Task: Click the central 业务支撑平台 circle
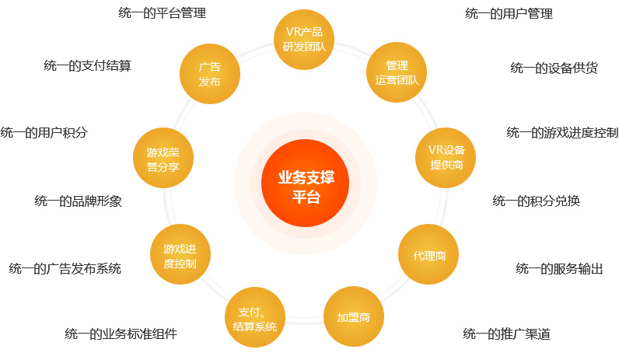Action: (305, 183)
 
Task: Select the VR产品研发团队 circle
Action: (304, 40)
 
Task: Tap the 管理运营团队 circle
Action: (397, 72)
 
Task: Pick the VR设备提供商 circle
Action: (446, 158)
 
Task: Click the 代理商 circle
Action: (428, 254)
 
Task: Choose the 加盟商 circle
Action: (354, 316)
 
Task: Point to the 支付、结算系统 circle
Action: (255, 317)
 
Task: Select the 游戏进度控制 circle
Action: (180, 254)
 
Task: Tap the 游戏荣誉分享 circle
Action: (163, 158)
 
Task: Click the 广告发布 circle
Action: (210, 74)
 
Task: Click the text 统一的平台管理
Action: (163, 13)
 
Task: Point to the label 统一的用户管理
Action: (509, 14)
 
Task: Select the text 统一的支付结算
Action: (87, 65)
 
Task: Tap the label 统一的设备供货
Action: (554, 68)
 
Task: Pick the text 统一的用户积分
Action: (44, 133)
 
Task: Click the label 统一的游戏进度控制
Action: (562, 133)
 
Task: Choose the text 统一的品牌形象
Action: (79, 201)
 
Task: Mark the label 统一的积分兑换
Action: (536, 201)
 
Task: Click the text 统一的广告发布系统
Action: (65, 269)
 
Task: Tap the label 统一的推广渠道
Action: (506, 334)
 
